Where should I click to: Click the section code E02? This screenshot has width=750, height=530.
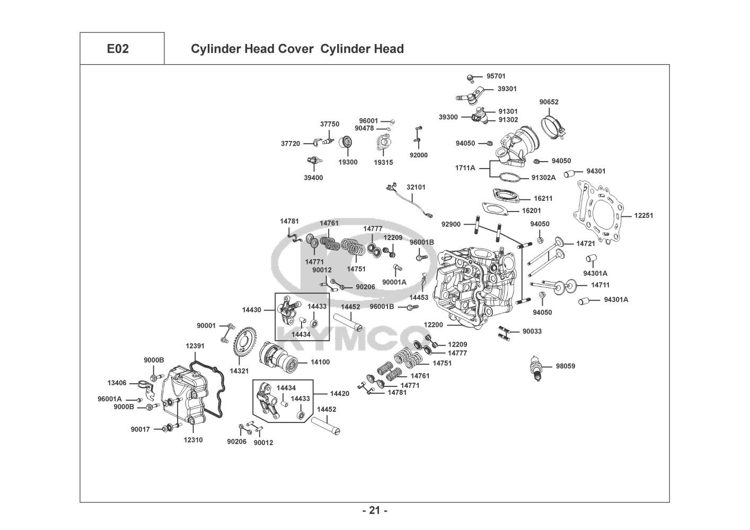(118, 49)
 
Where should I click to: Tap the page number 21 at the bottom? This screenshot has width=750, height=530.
(375, 510)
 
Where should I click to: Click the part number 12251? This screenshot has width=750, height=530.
(644, 216)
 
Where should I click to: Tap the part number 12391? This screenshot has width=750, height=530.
(195, 346)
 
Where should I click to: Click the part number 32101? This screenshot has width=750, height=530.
(416, 187)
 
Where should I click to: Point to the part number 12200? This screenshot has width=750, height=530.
(434, 324)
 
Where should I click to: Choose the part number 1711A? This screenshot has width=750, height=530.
(465, 168)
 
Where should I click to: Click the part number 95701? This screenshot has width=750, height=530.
(496, 76)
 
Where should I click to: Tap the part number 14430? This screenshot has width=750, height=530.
(251, 310)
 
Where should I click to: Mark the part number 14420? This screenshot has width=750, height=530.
(339, 393)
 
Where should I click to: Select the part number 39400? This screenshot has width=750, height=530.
(313, 178)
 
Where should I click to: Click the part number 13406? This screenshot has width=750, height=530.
(117, 383)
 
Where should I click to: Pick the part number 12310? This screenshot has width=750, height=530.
(193, 440)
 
